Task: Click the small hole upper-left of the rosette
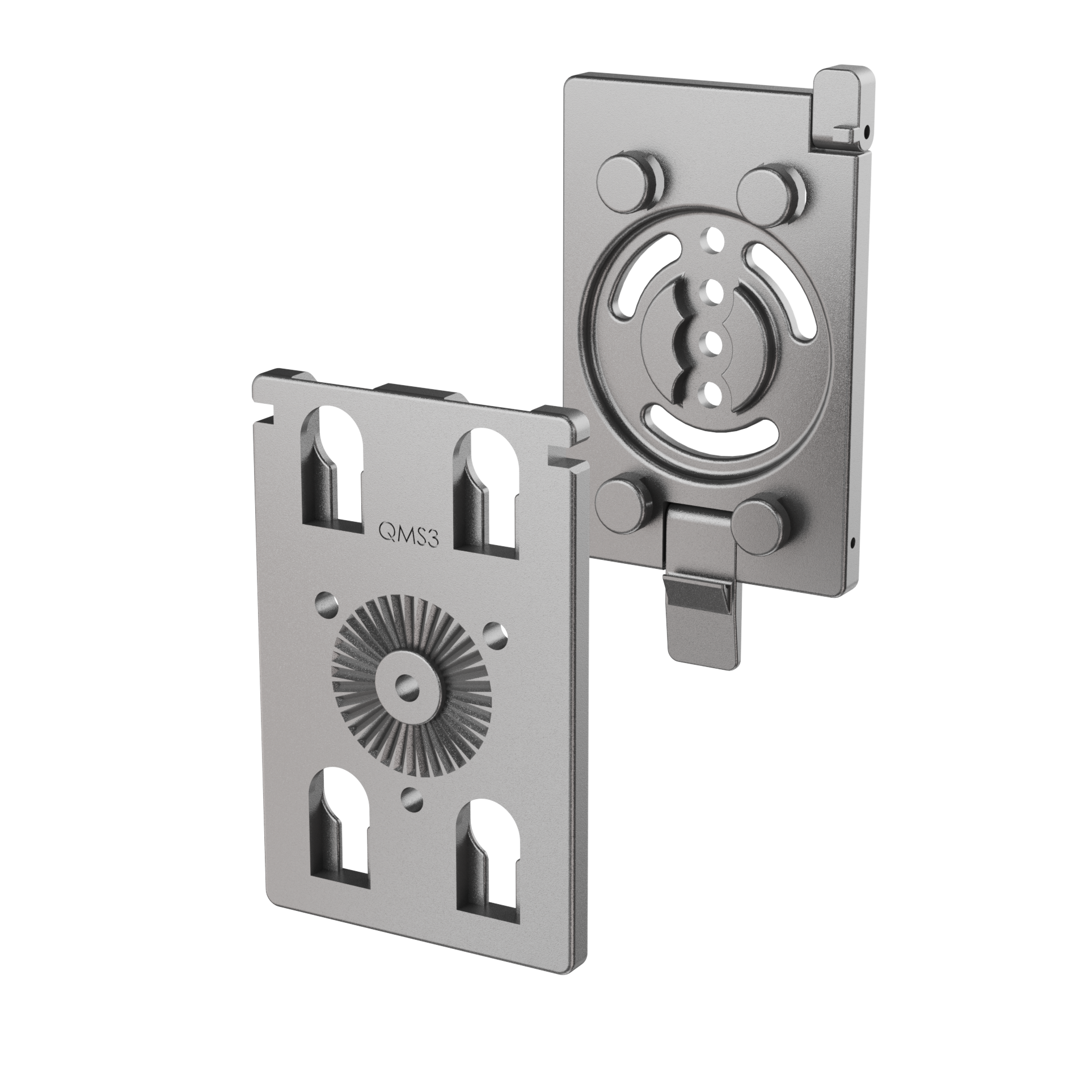tap(327, 601)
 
